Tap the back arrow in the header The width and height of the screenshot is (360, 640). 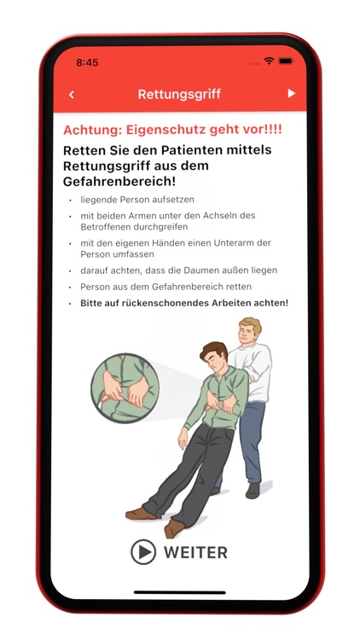coord(72,94)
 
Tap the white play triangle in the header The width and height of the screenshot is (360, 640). coord(291,93)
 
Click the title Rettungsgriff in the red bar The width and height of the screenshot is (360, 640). coord(180,94)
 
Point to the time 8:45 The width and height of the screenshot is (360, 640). coord(87,62)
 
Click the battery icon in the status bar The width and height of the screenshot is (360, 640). coord(285,61)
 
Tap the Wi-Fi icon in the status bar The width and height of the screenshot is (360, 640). coord(269,61)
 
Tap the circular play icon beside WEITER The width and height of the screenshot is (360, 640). coord(143,552)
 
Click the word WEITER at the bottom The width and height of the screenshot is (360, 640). coord(195,552)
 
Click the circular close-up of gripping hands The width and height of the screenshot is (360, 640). coord(126,388)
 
